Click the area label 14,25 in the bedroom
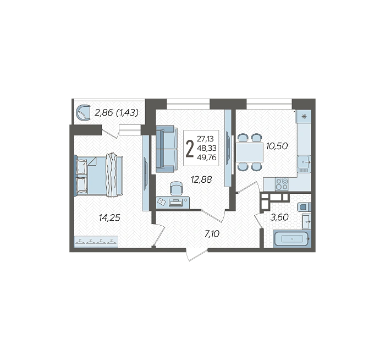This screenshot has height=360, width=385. point(109,217)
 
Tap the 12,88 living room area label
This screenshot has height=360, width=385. point(201,179)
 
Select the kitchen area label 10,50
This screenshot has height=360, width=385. point(277,146)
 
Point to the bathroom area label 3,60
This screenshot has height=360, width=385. point(279,217)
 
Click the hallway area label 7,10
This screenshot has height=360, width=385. point(212,234)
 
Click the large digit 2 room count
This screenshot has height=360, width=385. point(190,149)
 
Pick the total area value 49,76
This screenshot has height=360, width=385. point(206,157)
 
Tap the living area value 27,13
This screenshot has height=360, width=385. point(205,139)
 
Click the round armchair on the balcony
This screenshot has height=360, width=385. point(84,112)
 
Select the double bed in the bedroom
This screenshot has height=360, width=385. point(98,176)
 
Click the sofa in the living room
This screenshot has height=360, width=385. point(167,149)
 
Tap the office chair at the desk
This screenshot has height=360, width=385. point(176,188)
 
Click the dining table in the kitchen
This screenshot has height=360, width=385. point(250,152)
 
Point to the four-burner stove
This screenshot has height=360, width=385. point(282,184)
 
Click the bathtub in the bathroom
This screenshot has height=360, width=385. point(292,238)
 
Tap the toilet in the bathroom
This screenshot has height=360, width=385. point(304,207)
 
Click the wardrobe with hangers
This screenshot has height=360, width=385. point(96,242)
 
